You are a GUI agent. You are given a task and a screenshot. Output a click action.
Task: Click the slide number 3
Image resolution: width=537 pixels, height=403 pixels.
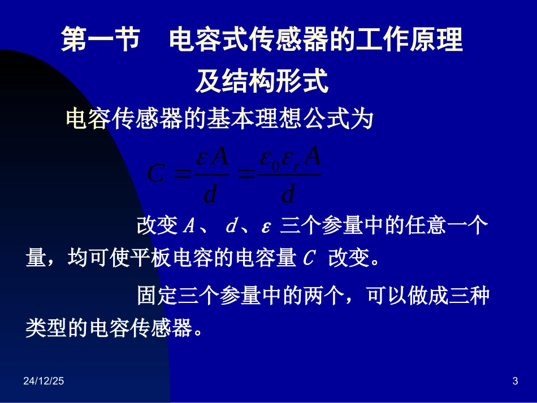pos(515,382)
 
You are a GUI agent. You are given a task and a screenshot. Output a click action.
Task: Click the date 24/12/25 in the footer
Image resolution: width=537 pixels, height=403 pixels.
pos(44,382)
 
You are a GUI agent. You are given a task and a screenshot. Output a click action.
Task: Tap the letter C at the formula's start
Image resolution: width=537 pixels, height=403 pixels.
pos(155,174)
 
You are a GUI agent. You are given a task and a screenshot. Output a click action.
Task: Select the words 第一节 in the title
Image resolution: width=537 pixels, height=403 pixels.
pos(101,41)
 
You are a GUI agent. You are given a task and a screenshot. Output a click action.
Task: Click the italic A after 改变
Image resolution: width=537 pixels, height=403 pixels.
pos(189,227)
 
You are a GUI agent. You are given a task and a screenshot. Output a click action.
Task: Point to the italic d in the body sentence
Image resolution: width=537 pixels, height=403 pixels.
pos(231,227)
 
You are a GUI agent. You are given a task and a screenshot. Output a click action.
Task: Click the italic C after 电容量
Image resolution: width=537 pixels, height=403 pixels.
pos(308,259)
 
